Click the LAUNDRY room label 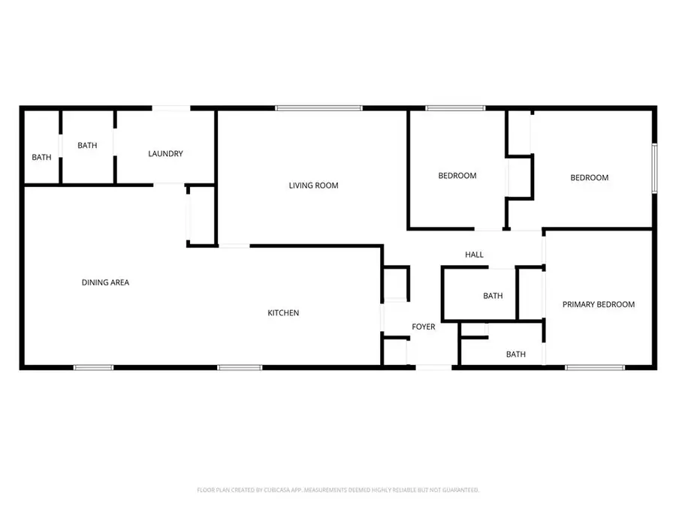[165, 153]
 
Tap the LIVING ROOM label [313, 186]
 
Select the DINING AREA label [106, 282]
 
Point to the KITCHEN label [283, 313]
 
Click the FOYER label [424, 327]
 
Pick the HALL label [474, 255]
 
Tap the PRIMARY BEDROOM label [599, 304]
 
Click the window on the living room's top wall [318, 108]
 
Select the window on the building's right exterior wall [654, 168]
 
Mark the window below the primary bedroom [595, 368]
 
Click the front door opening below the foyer [433, 368]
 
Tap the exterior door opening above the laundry [171, 108]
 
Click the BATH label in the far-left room [41, 158]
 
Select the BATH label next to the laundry [87, 145]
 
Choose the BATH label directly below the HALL [493, 296]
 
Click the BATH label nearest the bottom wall [515, 355]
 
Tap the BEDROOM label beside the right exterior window [590, 177]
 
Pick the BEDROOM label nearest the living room [457, 176]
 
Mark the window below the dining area [94, 368]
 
